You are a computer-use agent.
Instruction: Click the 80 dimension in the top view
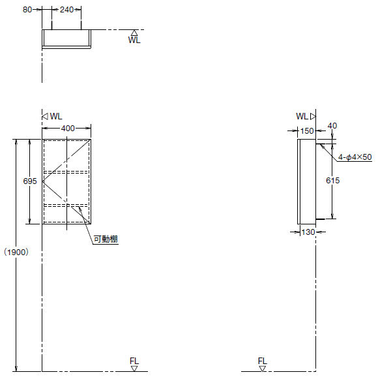pos(27,10)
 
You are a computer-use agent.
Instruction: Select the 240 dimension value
pos(66,10)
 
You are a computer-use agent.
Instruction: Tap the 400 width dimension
pos(68,129)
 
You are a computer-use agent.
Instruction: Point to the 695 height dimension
pos(30,181)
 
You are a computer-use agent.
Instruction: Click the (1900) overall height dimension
pos(16,252)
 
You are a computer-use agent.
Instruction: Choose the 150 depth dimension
pos(307,131)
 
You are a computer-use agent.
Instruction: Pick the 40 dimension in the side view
pos(332,126)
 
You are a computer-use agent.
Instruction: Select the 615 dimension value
pos(332,180)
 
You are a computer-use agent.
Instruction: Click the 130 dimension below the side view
pos(308,232)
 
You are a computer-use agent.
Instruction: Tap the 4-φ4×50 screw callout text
pos(355,157)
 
